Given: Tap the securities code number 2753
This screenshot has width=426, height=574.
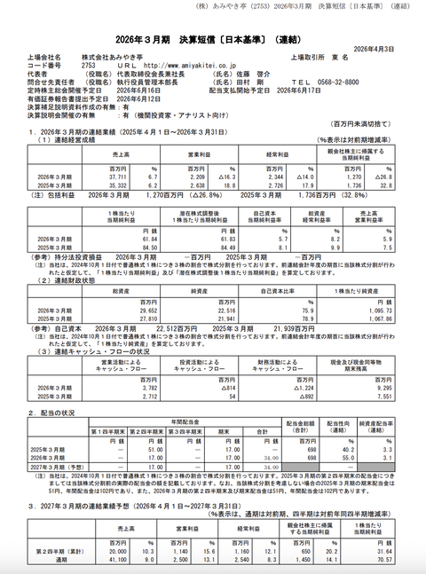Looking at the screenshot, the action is click(x=88, y=66).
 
